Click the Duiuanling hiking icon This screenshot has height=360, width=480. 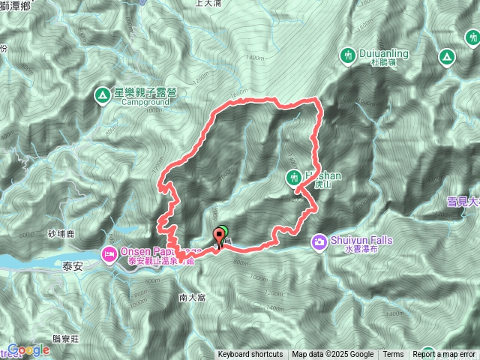coord(347,55)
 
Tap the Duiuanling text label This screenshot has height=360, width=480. coord(383,55)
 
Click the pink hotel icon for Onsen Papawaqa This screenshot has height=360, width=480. coord(109,254)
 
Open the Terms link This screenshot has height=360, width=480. coord(393,355)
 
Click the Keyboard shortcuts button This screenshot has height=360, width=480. coord(250,355)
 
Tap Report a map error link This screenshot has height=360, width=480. coord(446,355)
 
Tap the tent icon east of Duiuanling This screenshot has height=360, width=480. coord(445,56)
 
